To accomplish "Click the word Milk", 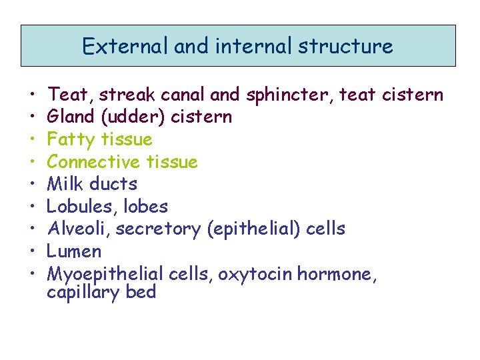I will coord(65,184).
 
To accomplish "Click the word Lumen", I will coord(74,251).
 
